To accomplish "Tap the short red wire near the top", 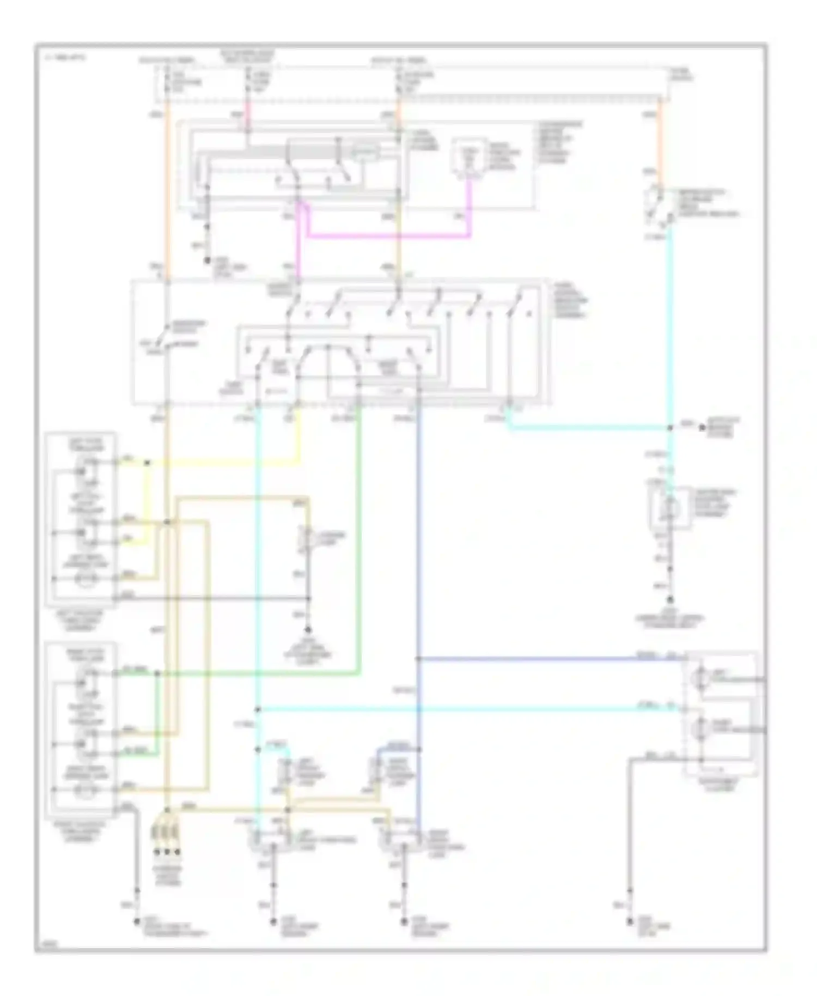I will coord(248,113).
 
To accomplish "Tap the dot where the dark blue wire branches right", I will coord(418,659).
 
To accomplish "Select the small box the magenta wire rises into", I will coord(468,158).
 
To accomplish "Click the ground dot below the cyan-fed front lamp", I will coord(273,922).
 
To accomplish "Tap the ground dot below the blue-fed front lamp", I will coord(404,922).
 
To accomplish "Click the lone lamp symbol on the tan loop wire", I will coord(308,539).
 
